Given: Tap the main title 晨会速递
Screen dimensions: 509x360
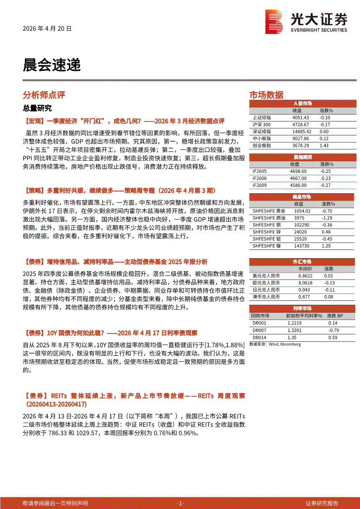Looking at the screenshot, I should coord(52,65).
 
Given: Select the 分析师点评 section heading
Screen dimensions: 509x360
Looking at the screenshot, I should coord(44,95).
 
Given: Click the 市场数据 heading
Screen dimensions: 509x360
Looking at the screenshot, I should coord(266,95).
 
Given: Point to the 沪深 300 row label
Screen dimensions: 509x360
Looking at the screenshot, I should coord(262,125).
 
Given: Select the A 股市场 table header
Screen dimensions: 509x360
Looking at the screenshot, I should coord(302,104).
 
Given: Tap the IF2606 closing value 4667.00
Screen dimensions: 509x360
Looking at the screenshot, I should coord(298,179).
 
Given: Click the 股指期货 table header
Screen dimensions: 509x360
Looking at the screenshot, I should coord(302,157).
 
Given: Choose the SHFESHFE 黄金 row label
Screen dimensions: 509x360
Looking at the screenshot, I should coord(269,211).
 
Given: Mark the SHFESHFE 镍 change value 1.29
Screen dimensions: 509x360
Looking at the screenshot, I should coord(326,246).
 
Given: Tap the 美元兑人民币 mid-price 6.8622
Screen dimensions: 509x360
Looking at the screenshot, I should coord(306,276).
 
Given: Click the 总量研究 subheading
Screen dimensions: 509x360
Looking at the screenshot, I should coord(37,108).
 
